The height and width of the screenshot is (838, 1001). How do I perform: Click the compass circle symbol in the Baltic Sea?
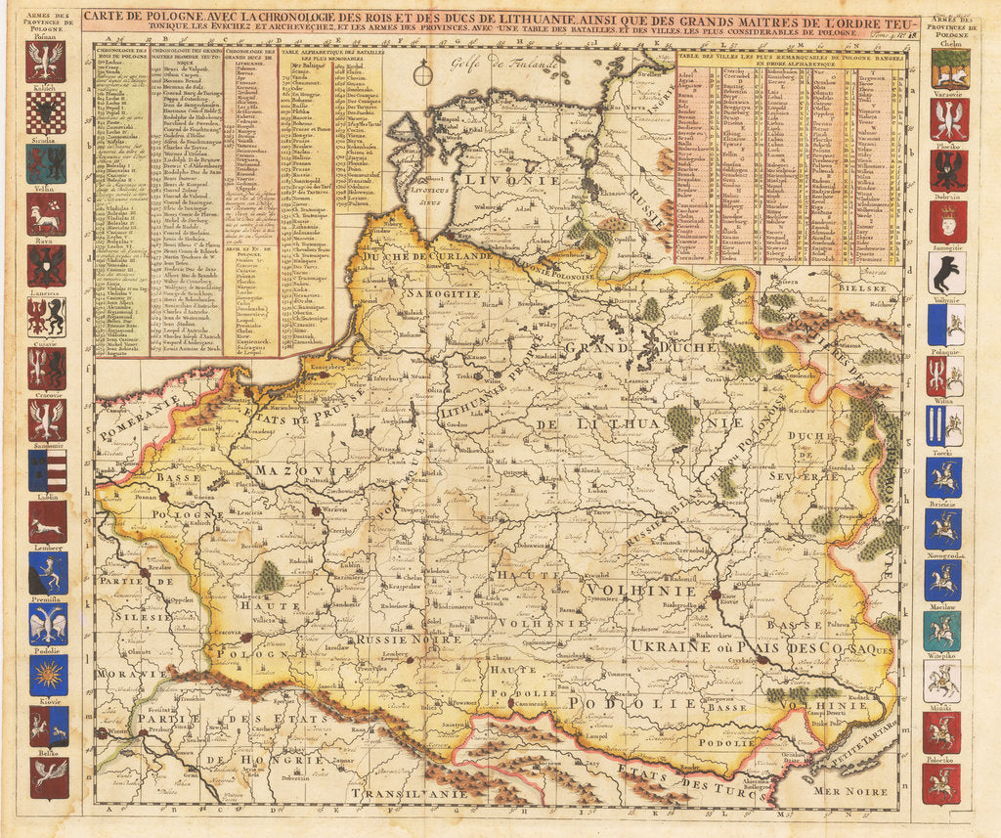coord(421,70)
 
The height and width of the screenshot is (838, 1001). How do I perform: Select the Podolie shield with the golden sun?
coord(47,674)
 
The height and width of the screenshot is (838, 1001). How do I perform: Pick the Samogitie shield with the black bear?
coord(944,274)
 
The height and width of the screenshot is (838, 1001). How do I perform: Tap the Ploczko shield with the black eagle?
coord(946,170)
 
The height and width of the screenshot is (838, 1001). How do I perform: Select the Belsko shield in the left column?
coord(47,777)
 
